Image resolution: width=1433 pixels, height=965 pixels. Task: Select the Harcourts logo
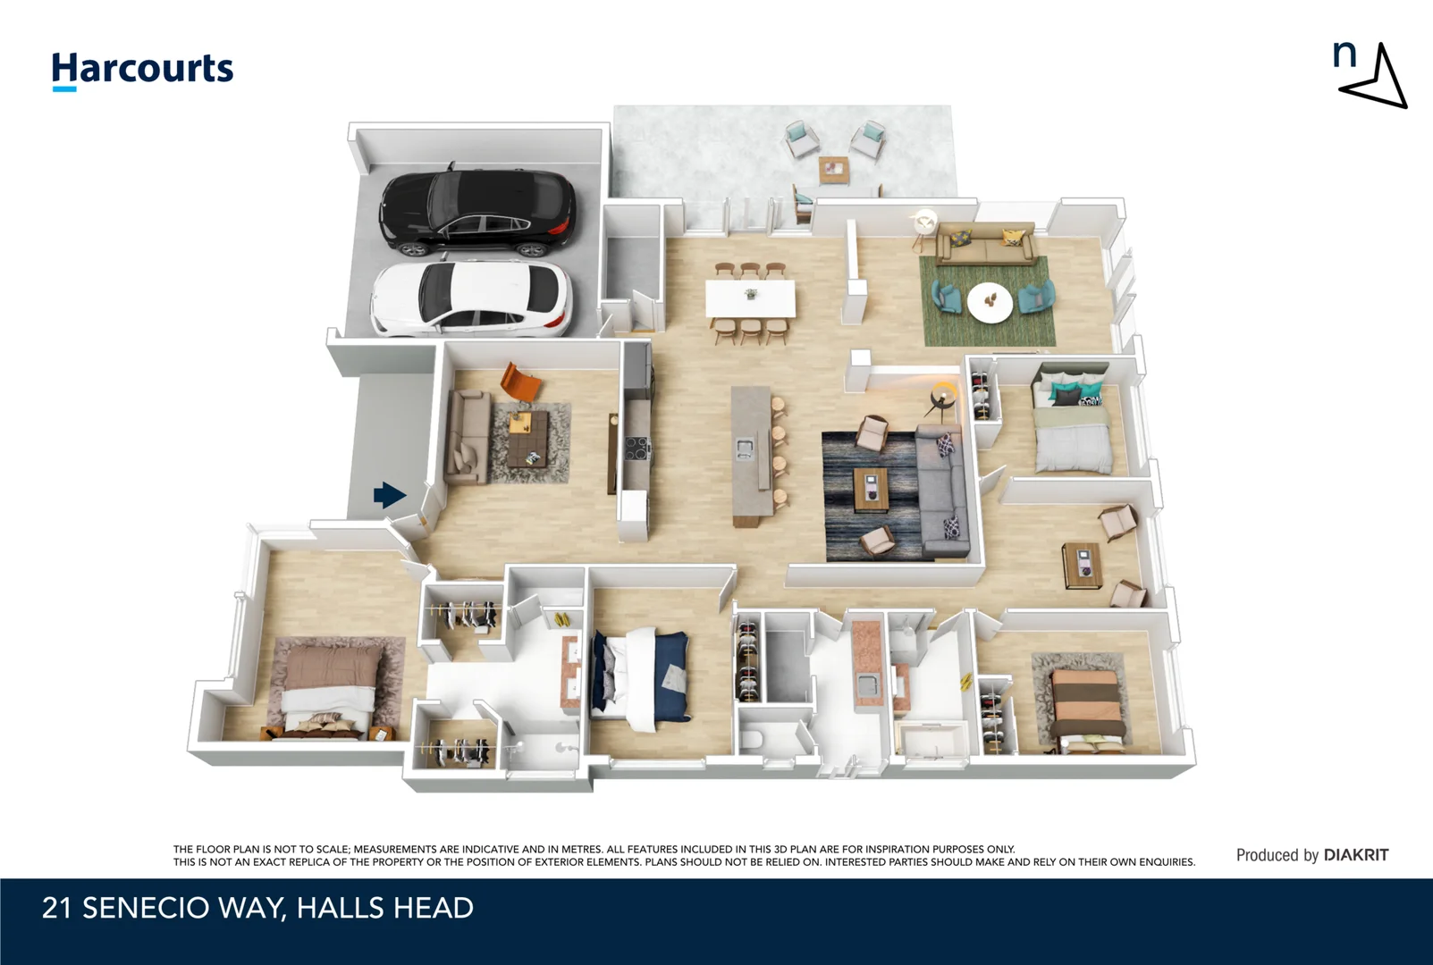tap(142, 70)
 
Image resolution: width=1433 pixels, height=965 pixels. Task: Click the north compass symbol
tap(1372, 76)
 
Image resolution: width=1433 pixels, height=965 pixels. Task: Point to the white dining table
tap(750, 298)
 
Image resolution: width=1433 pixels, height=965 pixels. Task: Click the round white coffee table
tap(990, 302)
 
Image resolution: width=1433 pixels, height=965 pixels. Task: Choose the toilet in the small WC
tap(753, 739)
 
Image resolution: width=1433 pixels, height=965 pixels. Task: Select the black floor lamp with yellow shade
tap(942, 398)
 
